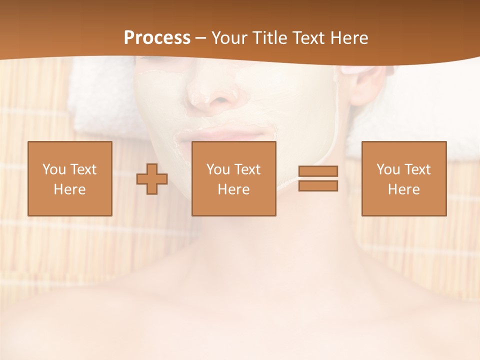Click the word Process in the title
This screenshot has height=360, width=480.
click(157, 38)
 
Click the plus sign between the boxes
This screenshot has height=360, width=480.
click(152, 179)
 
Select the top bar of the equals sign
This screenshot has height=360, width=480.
click(318, 171)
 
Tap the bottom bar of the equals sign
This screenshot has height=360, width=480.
click(318, 186)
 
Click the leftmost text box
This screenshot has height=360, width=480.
click(69, 178)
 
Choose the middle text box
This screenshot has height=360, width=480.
click(233, 178)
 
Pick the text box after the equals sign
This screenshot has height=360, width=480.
click(403, 178)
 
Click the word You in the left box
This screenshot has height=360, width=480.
click(54, 169)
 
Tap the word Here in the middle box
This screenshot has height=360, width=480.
click(233, 189)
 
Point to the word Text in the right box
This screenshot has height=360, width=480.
click(417, 169)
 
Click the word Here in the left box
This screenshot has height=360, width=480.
click(69, 189)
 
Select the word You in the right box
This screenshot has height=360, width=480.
click(388, 169)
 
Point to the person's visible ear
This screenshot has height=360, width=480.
click(367, 82)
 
